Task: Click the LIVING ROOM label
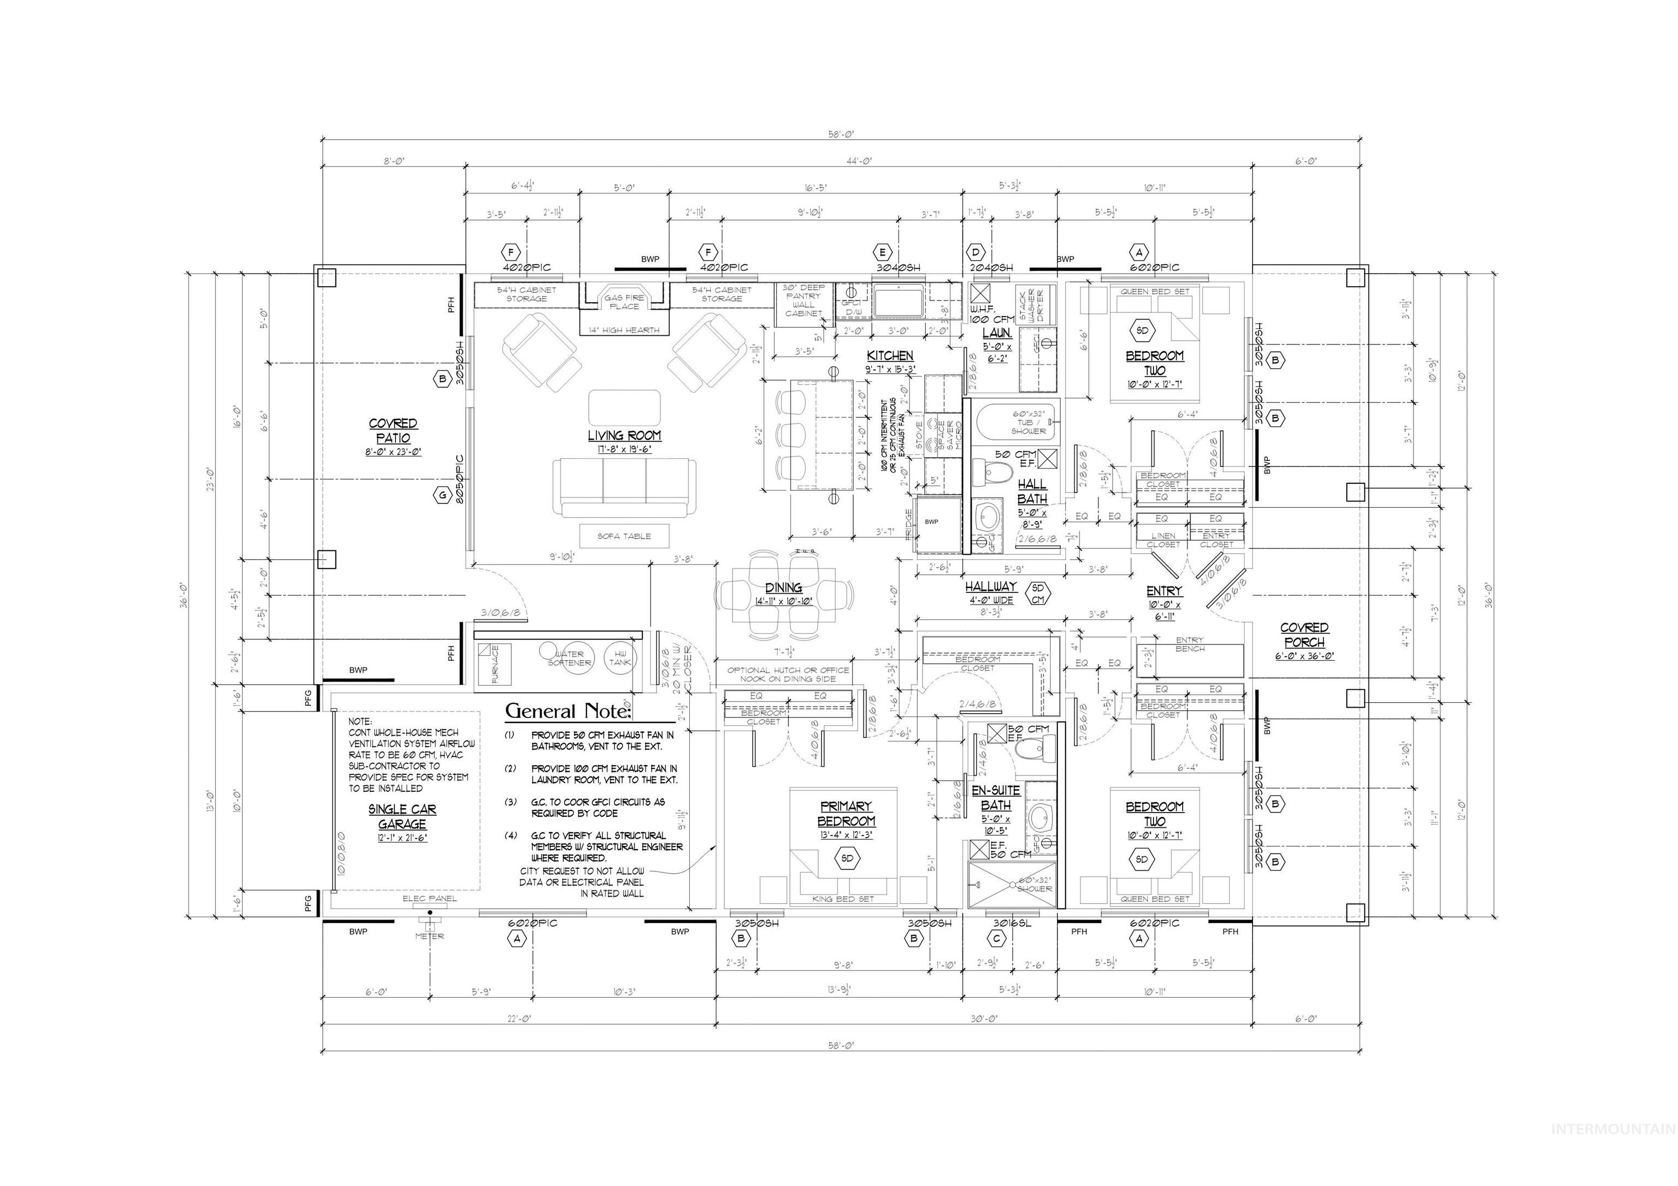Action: coord(624,436)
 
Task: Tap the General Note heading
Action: coord(568,711)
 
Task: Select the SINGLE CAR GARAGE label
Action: coord(402,816)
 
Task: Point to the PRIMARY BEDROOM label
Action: coord(846,813)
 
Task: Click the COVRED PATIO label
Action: coord(393,430)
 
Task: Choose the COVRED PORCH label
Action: coord(1304,634)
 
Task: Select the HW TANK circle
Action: coord(620,657)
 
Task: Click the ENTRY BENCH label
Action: coord(1189,644)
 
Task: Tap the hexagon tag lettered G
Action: coord(442,495)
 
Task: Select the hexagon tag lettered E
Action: coord(882,253)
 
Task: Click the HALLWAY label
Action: coord(990,586)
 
